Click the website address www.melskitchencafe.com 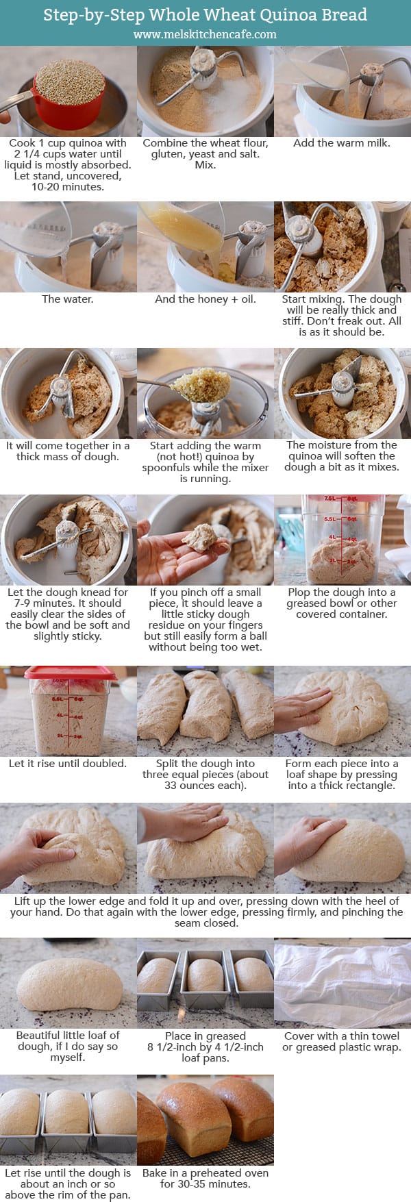tap(205, 34)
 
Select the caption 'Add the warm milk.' tap(342, 143)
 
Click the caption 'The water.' tap(68, 299)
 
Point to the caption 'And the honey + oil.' tap(205, 299)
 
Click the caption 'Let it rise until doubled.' tap(68, 763)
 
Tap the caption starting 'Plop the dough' tap(342, 603)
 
